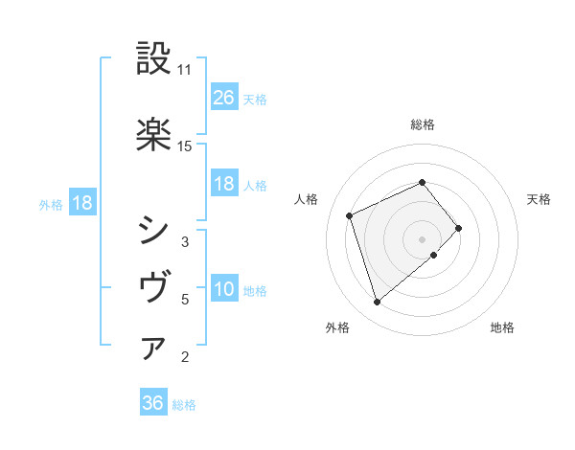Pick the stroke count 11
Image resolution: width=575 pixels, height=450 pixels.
(x=185, y=70)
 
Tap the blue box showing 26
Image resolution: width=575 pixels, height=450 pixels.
(x=223, y=98)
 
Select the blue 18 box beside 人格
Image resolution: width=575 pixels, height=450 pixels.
(x=223, y=184)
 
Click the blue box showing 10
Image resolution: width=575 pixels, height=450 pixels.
(x=223, y=290)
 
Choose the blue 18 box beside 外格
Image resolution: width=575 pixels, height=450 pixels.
(x=81, y=204)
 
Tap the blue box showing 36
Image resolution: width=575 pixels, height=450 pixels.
(x=152, y=404)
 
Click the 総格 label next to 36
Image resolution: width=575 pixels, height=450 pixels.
(x=184, y=405)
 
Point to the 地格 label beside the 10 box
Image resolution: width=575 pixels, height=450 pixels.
(x=255, y=291)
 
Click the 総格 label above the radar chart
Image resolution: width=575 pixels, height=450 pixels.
(x=423, y=124)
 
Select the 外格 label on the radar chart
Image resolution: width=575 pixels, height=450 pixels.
(x=337, y=328)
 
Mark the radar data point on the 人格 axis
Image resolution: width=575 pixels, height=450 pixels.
(x=351, y=214)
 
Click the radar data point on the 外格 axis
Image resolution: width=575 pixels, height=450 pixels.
(x=378, y=303)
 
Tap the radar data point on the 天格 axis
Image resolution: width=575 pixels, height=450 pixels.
(x=460, y=228)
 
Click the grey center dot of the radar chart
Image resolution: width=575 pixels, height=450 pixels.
(x=423, y=237)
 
